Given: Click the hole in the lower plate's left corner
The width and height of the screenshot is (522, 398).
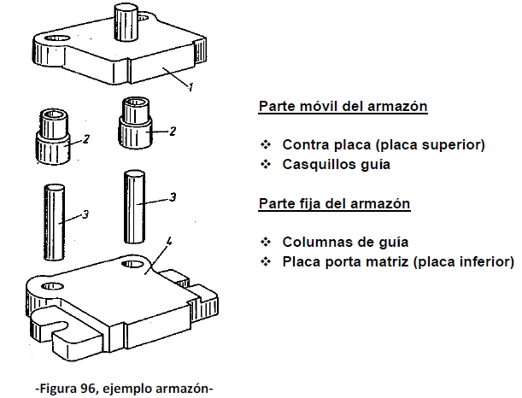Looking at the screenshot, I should (x=54, y=284).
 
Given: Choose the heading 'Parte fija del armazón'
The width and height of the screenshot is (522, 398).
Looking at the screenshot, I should (x=334, y=204).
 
